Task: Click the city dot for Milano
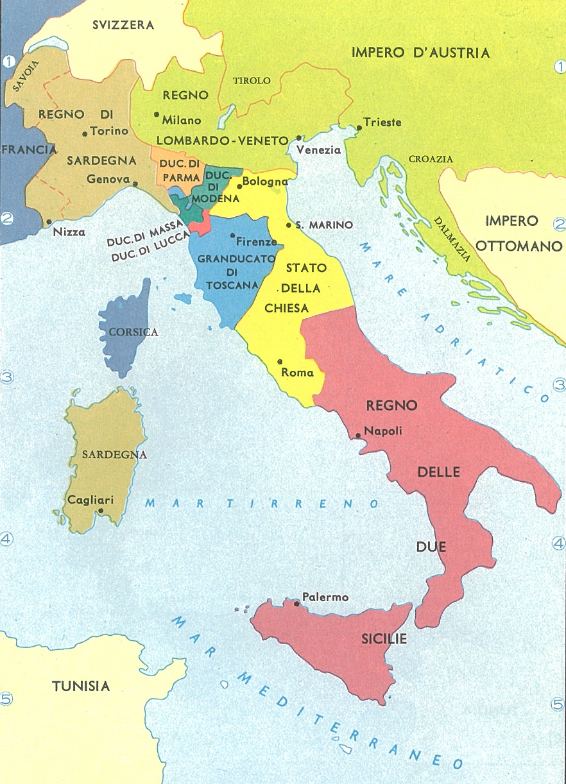tap(156, 115)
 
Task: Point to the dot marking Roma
tap(280, 361)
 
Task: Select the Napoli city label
tap(383, 431)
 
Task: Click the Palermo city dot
tap(296, 603)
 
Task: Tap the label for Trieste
tap(382, 122)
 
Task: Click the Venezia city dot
tap(298, 137)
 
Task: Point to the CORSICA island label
tap(133, 332)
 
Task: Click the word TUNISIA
tap(81, 686)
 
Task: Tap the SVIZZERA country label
tap(123, 25)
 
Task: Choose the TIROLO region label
tap(252, 81)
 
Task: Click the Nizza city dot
tap(49, 222)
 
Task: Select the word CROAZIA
tap(434, 159)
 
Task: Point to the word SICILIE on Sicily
tap(383, 640)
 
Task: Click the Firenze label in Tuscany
tap(257, 242)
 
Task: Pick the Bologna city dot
tap(239, 186)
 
